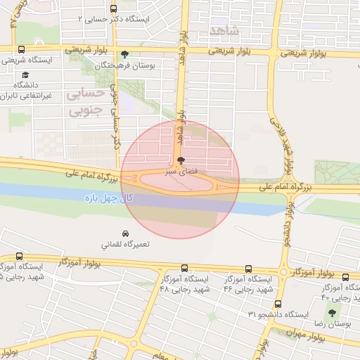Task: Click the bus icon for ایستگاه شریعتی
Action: pos(20,50)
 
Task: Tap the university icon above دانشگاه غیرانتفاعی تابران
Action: pos(25,74)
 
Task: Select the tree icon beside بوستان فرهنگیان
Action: pos(124,53)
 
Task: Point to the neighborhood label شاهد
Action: pos(224,30)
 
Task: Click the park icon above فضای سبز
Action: pos(181,160)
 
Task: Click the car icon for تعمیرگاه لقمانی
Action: pos(124,233)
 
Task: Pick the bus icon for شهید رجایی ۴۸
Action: pos(184,268)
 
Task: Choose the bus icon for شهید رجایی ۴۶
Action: pos(249,268)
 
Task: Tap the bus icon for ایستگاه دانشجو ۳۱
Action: pos(278,304)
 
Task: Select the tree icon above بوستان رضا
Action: pos(332,312)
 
